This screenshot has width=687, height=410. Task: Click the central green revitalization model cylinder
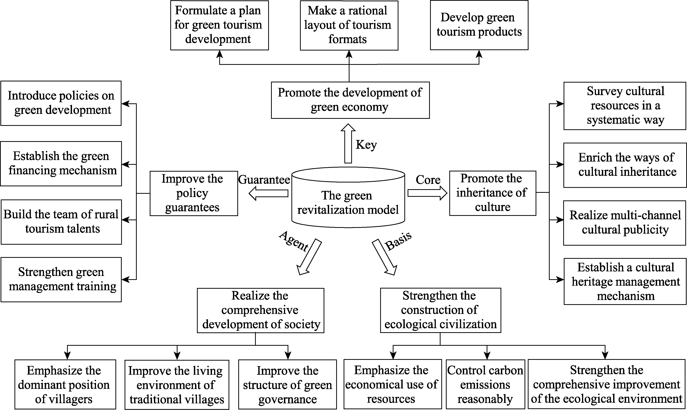point(348,197)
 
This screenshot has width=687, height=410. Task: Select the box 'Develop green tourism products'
point(479,25)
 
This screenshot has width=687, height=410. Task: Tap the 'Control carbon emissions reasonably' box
point(485,384)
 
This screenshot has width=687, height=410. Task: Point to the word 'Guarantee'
point(264,180)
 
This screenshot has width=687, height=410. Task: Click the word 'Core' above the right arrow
point(428,180)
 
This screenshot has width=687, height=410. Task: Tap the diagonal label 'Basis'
point(398,240)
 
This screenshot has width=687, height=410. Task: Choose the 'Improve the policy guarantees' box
point(194,193)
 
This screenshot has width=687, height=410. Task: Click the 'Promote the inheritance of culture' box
point(493,193)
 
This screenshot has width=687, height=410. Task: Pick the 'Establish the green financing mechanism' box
point(61,164)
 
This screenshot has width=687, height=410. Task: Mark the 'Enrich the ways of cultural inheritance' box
point(625,165)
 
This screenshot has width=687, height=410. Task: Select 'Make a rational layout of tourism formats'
point(349,25)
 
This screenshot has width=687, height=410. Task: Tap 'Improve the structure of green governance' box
point(287,384)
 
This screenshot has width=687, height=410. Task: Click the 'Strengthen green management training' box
point(61,280)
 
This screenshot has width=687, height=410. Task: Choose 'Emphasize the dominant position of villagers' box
point(65,384)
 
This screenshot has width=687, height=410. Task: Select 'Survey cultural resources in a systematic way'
point(625,106)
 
